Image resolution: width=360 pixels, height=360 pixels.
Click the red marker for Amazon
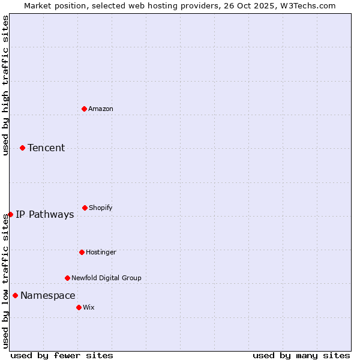coord(84,109)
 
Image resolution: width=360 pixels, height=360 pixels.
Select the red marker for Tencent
coord(22,148)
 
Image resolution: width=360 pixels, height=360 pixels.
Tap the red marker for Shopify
coord(85,208)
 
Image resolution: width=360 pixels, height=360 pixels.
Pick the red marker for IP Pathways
coord(10,214)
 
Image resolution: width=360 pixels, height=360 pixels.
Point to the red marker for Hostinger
coord(82,252)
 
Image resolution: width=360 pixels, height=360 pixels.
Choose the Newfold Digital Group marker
coord(67,278)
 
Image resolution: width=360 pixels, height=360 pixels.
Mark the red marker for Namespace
coord(15,295)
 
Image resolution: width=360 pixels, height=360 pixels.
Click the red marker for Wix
coord(79,307)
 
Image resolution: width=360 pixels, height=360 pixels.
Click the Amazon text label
coord(101,109)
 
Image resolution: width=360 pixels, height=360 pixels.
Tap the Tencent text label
coord(46,148)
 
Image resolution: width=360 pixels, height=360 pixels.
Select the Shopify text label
coord(101,208)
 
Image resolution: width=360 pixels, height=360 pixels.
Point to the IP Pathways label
coord(45,214)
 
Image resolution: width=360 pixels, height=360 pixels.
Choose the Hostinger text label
coord(101,252)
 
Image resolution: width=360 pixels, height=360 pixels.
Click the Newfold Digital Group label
coord(106,278)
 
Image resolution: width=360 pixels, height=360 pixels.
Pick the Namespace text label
coord(48,295)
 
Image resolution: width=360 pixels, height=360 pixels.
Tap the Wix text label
coord(89,307)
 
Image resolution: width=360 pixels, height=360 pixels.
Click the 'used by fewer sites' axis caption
coord(62,355)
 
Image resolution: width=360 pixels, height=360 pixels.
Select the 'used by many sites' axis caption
coord(301,355)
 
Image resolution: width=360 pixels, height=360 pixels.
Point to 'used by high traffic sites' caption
coord(5,85)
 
